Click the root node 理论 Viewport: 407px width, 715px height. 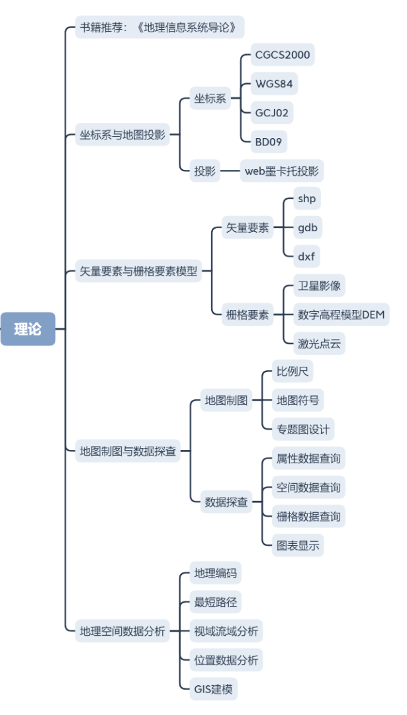tap(28, 329)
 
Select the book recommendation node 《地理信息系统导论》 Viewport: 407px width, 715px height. tap(159, 27)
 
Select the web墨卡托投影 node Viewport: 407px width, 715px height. tap(281, 170)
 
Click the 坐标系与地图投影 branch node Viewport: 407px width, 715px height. tap(122, 135)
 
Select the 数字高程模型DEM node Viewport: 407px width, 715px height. tap(341, 315)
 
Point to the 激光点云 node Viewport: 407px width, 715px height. tap(320, 344)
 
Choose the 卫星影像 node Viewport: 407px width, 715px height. tap(320, 286)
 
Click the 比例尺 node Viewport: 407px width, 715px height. tap(293, 371)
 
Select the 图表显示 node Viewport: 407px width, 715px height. tap(298, 545)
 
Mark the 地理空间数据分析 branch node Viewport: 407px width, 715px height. tap(122, 630)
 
